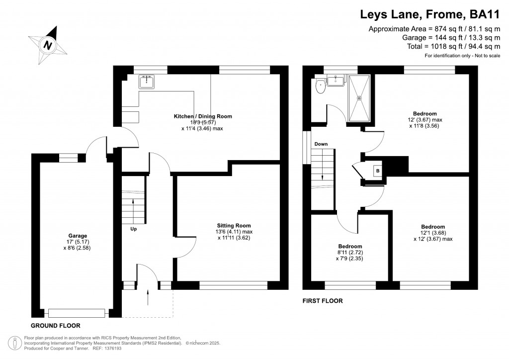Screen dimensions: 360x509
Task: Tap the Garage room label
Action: point(78,236)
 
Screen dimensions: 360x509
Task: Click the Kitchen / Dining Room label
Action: point(203,116)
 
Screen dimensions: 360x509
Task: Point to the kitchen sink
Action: point(148,81)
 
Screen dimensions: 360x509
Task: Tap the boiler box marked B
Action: point(378,170)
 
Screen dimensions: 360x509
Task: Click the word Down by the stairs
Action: point(321,144)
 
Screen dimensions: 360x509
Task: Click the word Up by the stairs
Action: point(134,229)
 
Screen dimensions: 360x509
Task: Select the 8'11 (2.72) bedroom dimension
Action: point(350,253)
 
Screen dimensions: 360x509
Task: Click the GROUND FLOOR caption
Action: point(56,326)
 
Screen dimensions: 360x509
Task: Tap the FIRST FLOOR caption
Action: point(323,301)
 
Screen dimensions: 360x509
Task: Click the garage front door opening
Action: point(77,313)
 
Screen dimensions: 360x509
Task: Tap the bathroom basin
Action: point(338,80)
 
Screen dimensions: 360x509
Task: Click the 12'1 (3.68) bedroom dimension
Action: point(432,233)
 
